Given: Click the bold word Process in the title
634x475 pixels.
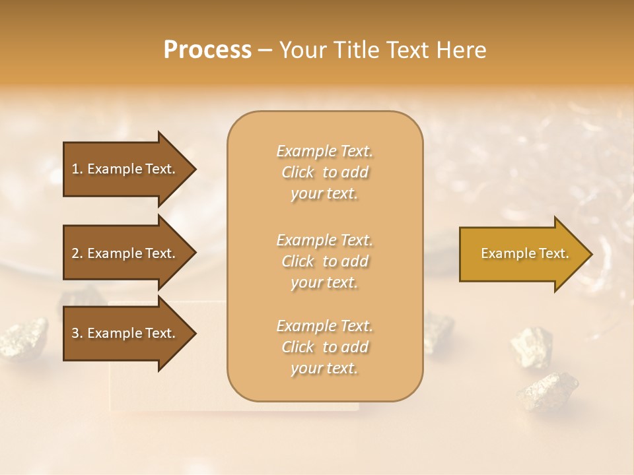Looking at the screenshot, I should click(207, 50).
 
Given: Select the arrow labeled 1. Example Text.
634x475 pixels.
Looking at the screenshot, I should click(125, 169).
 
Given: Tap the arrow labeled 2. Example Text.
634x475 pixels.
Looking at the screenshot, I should click(125, 253).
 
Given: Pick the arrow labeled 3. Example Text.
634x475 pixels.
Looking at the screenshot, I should click(125, 333).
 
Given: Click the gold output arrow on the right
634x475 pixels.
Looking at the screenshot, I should click(522, 254).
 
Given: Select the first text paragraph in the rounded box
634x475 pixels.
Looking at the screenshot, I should click(324, 172).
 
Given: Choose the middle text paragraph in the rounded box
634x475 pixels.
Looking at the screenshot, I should click(324, 261).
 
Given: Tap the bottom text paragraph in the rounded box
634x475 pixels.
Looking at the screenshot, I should click(324, 347).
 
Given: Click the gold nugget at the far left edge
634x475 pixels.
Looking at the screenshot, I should click(23, 336).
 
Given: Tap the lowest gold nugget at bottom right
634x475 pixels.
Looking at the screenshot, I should click(547, 389).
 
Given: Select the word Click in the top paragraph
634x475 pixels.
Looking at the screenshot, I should click(298, 172).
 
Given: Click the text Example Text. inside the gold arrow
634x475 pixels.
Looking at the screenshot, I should click(524, 253).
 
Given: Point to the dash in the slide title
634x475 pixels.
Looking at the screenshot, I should click(265, 51).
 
